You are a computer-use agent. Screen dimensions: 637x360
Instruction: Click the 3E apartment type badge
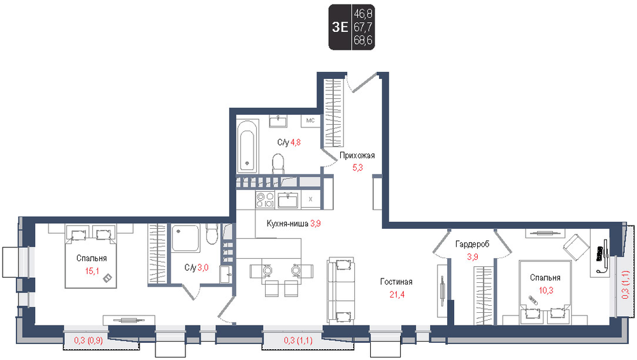tap(340, 27)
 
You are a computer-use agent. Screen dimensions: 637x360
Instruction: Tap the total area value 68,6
tap(363, 40)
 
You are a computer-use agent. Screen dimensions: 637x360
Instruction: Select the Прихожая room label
tap(357, 155)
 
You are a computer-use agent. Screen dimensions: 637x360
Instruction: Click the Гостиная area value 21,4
tap(397, 294)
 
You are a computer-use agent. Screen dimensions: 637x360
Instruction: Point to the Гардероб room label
tap(472, 244)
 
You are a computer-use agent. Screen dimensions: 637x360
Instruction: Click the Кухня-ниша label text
tap(287, 223)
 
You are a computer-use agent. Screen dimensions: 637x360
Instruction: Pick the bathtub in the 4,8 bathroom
tap(247, 147)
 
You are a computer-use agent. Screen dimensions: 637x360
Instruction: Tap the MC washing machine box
tap(310, 120)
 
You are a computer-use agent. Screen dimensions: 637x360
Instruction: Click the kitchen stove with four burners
tap(265, 199)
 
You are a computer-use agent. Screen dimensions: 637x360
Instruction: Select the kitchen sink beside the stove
tap(288, 200)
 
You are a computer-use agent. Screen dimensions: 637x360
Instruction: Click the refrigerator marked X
tap(310, 199)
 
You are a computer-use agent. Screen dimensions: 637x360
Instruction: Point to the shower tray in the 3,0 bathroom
tap(185, 238)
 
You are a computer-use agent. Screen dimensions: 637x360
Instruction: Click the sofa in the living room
tap(341, 290)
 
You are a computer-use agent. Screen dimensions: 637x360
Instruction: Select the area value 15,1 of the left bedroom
tap(92, 271)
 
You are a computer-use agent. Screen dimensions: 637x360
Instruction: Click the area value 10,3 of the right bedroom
tap(546, 290)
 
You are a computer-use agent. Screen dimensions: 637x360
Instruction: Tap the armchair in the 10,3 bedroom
tap(576, 247)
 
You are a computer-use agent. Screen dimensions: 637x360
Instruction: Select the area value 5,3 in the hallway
tap(357, 168)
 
